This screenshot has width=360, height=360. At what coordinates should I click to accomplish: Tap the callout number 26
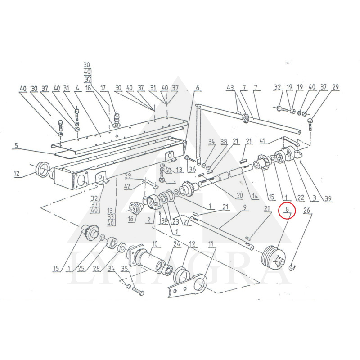point(307,209)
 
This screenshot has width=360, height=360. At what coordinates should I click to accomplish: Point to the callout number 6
point(197,88)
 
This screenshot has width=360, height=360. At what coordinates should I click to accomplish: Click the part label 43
point(230,87)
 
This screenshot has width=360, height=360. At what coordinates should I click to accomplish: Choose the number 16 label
point(131,220)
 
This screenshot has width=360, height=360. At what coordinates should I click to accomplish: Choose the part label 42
point(127,186)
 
